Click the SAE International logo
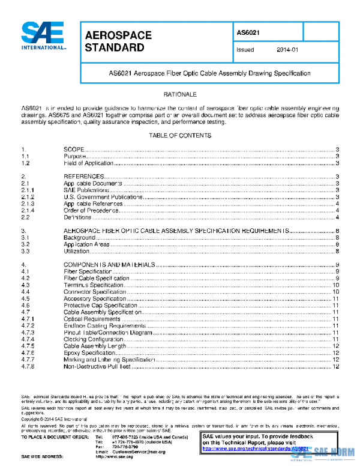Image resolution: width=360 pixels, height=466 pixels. click(x=44, y=35)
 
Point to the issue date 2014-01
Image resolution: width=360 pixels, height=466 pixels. click(x=287, y=50)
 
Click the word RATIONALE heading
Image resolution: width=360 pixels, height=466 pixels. click(x=180, y=95)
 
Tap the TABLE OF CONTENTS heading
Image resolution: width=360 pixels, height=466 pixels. click(x=180, y=136)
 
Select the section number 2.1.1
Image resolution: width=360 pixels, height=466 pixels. click(x=28, y=190)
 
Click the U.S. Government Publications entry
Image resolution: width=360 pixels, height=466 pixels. click(x=98, y=197)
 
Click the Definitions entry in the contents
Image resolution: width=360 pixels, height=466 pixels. click(x=78, y=217)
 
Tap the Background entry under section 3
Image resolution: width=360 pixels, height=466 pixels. click(x=79, y=238)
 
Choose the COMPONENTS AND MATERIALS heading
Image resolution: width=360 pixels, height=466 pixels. click(x=110, y=265)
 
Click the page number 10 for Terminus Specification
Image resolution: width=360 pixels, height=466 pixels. click(x=337, y=285)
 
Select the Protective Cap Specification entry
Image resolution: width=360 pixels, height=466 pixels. click(x=100, y=305)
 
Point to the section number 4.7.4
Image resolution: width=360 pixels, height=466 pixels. click(x=28, y=339)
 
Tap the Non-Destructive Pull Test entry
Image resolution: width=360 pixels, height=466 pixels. click(x=97, y=366)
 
